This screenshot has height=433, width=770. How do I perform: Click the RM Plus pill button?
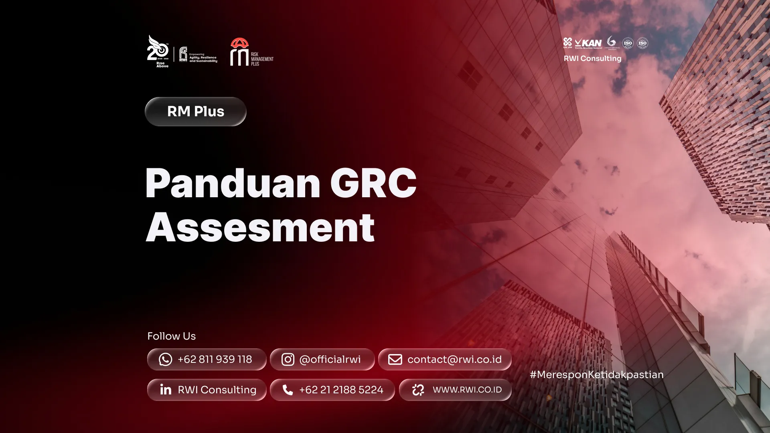[x=195, y=111]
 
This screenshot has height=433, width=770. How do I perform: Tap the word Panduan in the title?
[x=233, y=183]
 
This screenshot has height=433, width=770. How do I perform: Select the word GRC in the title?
[x=373, y=183]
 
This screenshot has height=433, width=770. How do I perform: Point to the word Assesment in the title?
[x=260, y=228]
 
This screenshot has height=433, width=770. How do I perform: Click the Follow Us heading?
[x=171, y=336]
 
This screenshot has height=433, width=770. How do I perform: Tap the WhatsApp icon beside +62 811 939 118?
[x=165, y=359]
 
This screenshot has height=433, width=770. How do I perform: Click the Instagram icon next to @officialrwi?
[x=288, y=359]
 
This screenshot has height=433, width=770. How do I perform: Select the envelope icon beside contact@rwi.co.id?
[x=395, y=359]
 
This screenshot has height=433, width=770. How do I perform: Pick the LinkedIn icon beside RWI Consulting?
[x=166, y=390]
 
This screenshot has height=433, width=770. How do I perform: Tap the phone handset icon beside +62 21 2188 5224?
[x=288, y=390]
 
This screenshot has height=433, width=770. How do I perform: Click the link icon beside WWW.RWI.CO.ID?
[x=418, y=390]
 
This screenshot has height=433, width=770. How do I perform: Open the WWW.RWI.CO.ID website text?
[x=467, y=390]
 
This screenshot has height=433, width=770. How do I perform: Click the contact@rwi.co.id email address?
[x=454, y=359]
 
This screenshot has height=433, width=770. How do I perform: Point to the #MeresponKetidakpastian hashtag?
[x=596, y=374]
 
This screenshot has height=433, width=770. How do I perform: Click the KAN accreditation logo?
[x=588, y=43]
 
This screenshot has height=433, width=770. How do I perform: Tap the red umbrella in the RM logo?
[x=239, y=43]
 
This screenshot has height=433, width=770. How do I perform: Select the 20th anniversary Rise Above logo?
[x=158, y=51]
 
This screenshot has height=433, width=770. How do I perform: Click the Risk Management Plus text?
[x=262, y=59]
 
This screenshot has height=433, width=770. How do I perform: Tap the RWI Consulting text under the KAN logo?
[x=592, y=59]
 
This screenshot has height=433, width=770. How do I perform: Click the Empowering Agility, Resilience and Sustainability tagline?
[x=203, y=58]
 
